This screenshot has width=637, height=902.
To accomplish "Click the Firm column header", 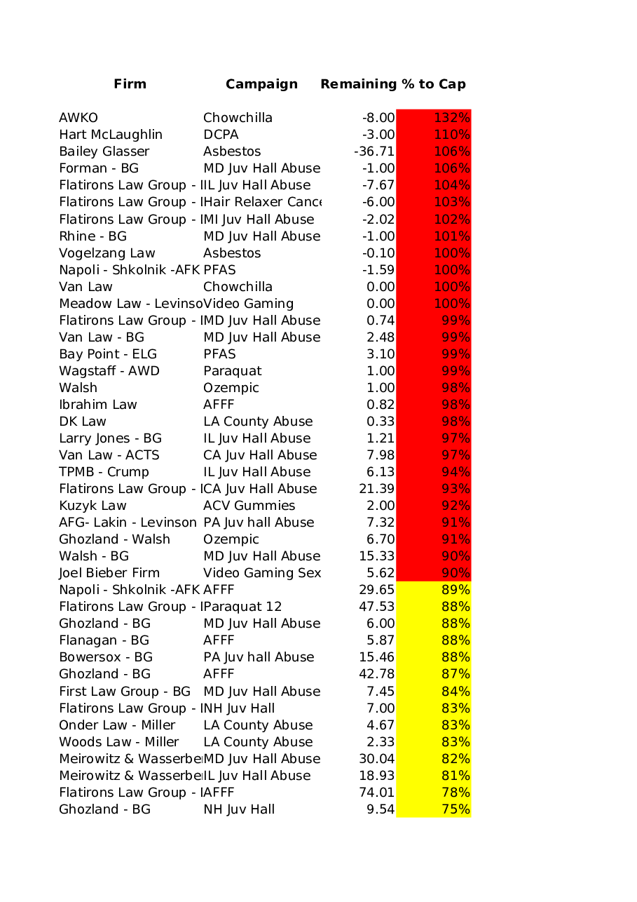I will pos(130,84).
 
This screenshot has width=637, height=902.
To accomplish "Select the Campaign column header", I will pos(261,84).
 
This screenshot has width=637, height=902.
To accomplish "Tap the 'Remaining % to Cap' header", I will pos(392,84).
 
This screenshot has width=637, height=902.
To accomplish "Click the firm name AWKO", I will pos(78,118).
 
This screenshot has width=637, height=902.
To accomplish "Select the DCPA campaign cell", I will pos(221,135).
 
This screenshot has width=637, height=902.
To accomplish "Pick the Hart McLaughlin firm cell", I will pos(111,135).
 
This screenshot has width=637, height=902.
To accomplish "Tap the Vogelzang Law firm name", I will pos(107,253).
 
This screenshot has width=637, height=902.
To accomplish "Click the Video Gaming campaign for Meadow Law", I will pos(248,304).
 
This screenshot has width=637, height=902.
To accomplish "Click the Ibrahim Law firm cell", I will pos(98,405).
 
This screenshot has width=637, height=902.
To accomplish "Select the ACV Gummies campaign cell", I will pos(249,506).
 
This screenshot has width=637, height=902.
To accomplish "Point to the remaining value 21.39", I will pos(376,489).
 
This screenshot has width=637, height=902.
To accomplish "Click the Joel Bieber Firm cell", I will pos(109,573).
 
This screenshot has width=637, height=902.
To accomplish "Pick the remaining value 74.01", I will pos(376,793).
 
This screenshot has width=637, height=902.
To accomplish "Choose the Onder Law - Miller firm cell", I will pos(117,725).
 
